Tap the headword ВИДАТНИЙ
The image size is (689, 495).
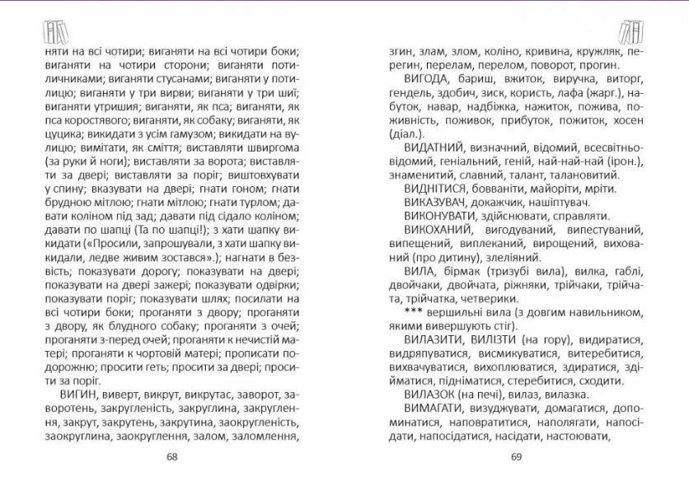pos(433,147)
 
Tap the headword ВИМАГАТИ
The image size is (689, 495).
pos(434,409)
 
